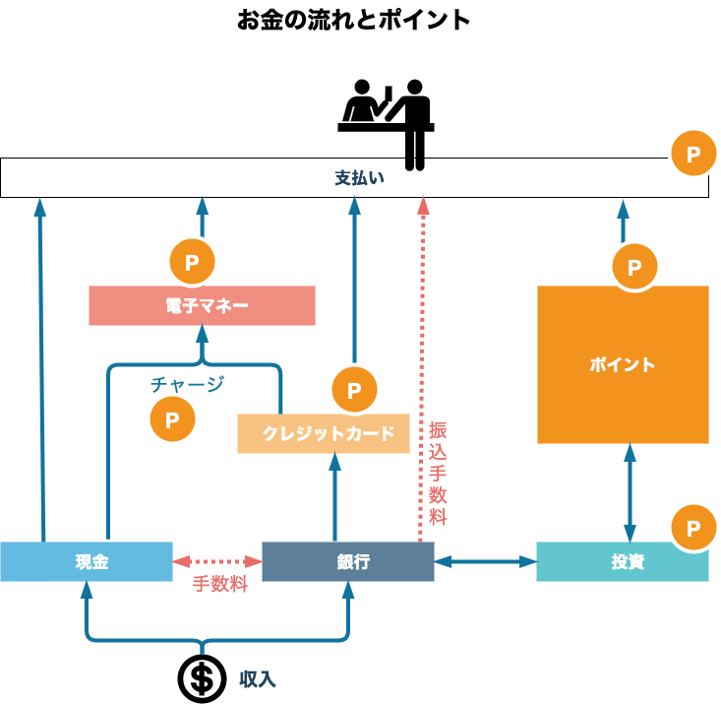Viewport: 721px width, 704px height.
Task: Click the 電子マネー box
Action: tap(202, 305)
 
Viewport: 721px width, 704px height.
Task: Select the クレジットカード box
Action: tap(324, 433)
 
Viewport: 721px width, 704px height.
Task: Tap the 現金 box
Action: tap(87, 561)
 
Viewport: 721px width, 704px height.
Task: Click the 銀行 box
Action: tap(347, 561)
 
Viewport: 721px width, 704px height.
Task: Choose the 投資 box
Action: tap(622, 561)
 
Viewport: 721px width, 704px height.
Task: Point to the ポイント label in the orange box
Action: tap(622, 364)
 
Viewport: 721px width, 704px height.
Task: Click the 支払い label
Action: tap(359, 178)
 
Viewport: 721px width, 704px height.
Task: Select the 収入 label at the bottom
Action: tap(257, 679)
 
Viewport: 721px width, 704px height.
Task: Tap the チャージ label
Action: tap(187, 384)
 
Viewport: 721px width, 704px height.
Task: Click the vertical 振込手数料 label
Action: tap(438, 474)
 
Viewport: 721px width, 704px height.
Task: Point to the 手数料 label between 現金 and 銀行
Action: tap(218, 584)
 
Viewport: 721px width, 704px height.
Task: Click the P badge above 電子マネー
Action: tap(193, 262)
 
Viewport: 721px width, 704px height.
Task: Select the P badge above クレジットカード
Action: tap(354, 390)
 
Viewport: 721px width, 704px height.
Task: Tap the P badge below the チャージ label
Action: tap(173, 419)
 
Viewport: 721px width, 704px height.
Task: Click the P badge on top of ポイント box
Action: tap(634, 267)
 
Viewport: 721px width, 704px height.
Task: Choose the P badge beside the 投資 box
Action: tap(693, 528)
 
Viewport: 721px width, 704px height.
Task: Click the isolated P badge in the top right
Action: tap(693, 154)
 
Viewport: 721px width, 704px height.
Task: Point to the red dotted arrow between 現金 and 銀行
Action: tap(217, 561)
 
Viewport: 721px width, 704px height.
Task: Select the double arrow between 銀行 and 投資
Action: tap(485, 561)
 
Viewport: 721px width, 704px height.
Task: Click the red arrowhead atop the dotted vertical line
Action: tap(423, 205)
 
